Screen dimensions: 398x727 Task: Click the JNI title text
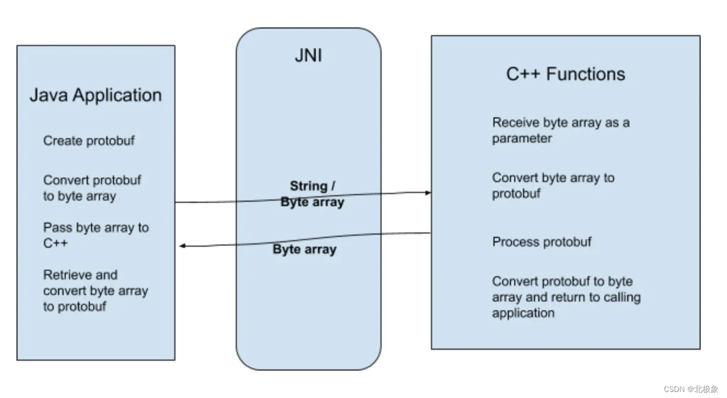tap(308, 55)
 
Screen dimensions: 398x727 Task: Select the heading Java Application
tap(95, 95)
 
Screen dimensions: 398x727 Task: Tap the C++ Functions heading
tap(565, 74)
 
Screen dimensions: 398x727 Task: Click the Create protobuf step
tap(89, 141)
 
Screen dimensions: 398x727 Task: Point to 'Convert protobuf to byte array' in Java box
tap(92, 188)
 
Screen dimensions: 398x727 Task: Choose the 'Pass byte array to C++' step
tap(96, 235)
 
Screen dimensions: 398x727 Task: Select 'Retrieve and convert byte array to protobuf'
tap(95, 291)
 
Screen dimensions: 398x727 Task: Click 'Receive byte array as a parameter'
tap(560, 130)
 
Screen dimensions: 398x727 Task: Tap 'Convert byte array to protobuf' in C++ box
tap(553, 185)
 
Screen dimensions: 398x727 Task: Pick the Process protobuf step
tap(542, 242)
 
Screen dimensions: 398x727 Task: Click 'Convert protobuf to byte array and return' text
tap(566, 297)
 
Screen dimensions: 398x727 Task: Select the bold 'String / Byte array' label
tap(313, 194)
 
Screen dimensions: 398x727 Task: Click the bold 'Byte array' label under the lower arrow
tap(304, 250)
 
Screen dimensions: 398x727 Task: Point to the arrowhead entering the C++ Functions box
tap(427, 192)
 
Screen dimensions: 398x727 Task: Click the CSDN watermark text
tap(690, 389)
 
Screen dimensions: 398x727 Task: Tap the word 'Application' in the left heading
tap(117, 95)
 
